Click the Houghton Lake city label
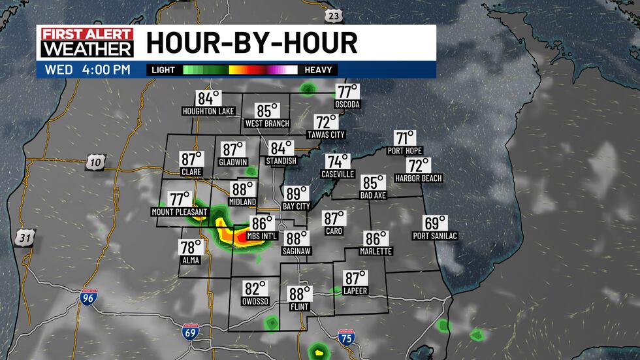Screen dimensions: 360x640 point(208,112)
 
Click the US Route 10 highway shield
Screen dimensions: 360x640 point(94,163)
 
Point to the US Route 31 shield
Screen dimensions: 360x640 point(25,238)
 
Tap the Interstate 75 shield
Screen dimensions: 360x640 point(347,338)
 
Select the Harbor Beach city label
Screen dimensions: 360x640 point(419,178)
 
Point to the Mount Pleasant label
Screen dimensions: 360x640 point(179,212)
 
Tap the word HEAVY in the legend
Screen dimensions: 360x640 point(318,70)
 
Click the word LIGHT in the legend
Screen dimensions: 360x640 point(163,70)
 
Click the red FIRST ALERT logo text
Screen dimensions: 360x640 point(87,35)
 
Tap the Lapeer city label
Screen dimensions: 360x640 point(357,291)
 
